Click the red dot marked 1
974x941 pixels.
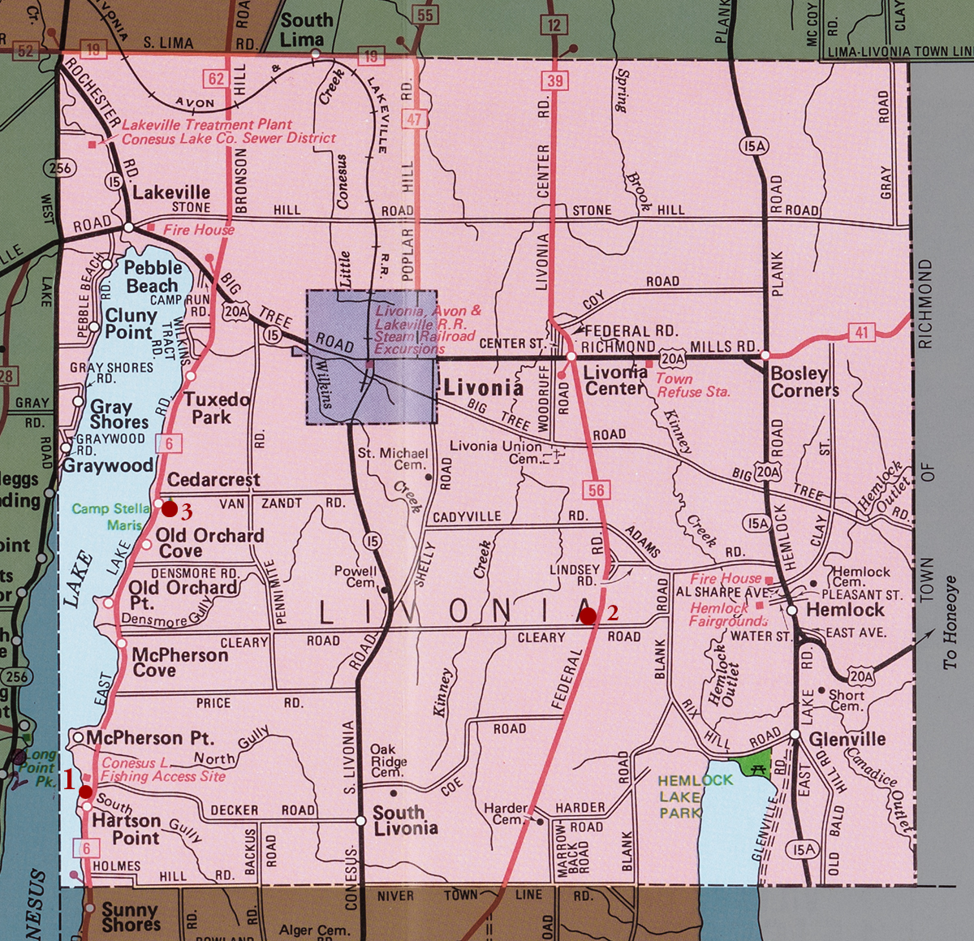(x=85, y=790)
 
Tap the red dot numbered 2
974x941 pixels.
(x=588, y=616)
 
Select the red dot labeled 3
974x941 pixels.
(x=169, y=509)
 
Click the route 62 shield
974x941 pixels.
(x=215, y=79)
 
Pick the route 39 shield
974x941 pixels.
(x=554, y=79)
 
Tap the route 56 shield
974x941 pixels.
(x=597, y=490)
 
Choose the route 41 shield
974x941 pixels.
(x=862, y=332)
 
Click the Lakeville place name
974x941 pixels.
(x=171, y=192)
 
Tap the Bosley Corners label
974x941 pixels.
(x=804, y=382)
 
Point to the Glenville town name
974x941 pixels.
(x=847, y=739)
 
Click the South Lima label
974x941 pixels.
(x=306, y=30)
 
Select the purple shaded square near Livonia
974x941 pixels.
(x=369, y=357)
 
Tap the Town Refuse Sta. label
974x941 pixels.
(x=692, y=385)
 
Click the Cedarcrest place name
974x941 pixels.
(x=213, y=480)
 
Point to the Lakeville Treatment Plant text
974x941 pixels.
(x=206, y=125)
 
